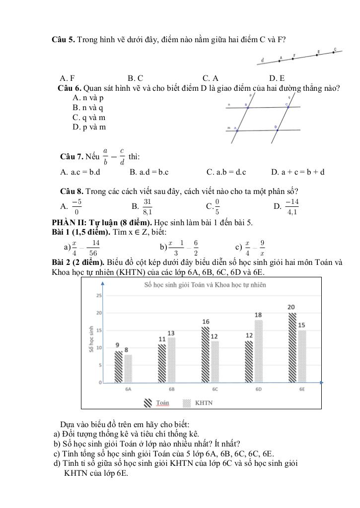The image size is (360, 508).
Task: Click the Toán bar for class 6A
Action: pyautogui.click(x=118, y=367)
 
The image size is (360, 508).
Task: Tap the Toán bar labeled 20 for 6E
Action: pyautogui.click(x=291, y=348)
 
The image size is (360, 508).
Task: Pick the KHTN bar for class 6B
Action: pyautogui.click(x=171, y=360)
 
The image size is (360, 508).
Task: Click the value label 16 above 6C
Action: pyautogui.click(x=206, y=322)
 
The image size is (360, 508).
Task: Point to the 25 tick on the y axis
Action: pyautogui.click(x=99, y=296)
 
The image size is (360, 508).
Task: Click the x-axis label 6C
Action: pyautogui.click(x=215, y=389)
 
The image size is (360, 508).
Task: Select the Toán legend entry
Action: pyautogui.click(x=156, y=403)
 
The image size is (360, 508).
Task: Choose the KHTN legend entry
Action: pyautogui.click(x=198, y=403)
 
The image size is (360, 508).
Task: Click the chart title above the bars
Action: pyautogui.click(x=205, y=285)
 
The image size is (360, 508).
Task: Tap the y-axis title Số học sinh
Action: pyautogui.click(x=91, y=339)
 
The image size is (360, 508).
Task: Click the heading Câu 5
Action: pyautogui.click(x=63, y=39)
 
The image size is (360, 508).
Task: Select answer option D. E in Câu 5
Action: pyautogui.click(x=277, y=78)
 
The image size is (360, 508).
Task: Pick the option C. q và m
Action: pyautogui.click(x=89, y=118)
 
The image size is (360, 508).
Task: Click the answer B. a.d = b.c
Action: pyautogui.click(x=149, y=172)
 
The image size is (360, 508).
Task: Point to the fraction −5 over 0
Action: pyautogui.click(x=76, y=206)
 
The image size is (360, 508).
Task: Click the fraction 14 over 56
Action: pyautogui.click(x=93, y=247)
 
